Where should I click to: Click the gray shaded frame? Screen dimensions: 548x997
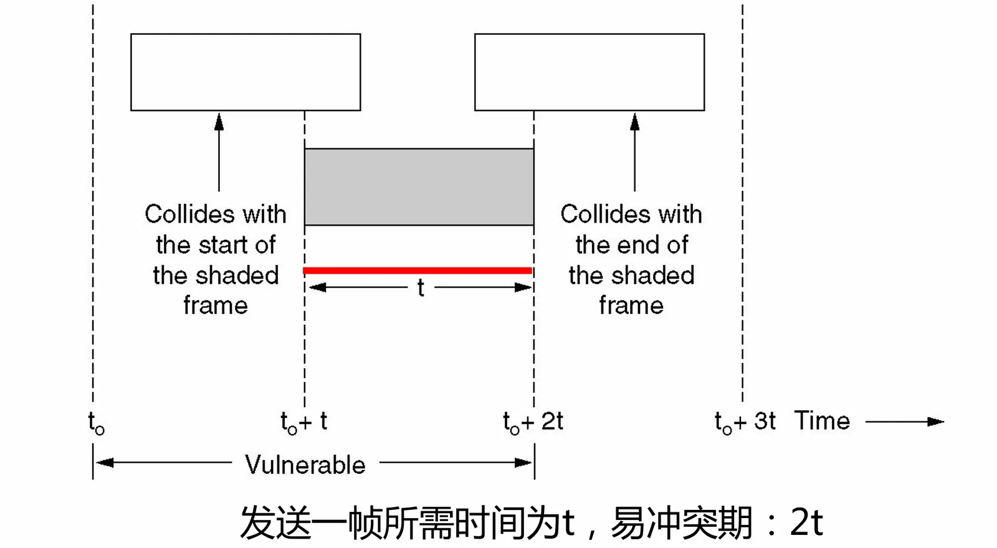pos(419,187)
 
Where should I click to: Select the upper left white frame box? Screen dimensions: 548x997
pos(246,72)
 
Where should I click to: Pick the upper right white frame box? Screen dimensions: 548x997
pos(589,72)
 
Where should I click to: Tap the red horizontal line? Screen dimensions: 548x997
pos(417,271)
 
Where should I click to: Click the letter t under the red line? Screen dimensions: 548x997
pos(421,288)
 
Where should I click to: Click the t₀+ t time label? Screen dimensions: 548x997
pos(304,422)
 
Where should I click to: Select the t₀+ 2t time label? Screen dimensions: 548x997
pos(533,422)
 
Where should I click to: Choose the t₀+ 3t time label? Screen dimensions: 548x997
pos(745,422)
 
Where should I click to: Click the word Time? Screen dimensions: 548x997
pos(822,421)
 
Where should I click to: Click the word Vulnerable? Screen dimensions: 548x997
pos(305,464)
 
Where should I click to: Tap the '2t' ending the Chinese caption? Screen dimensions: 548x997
pos(806,522)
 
